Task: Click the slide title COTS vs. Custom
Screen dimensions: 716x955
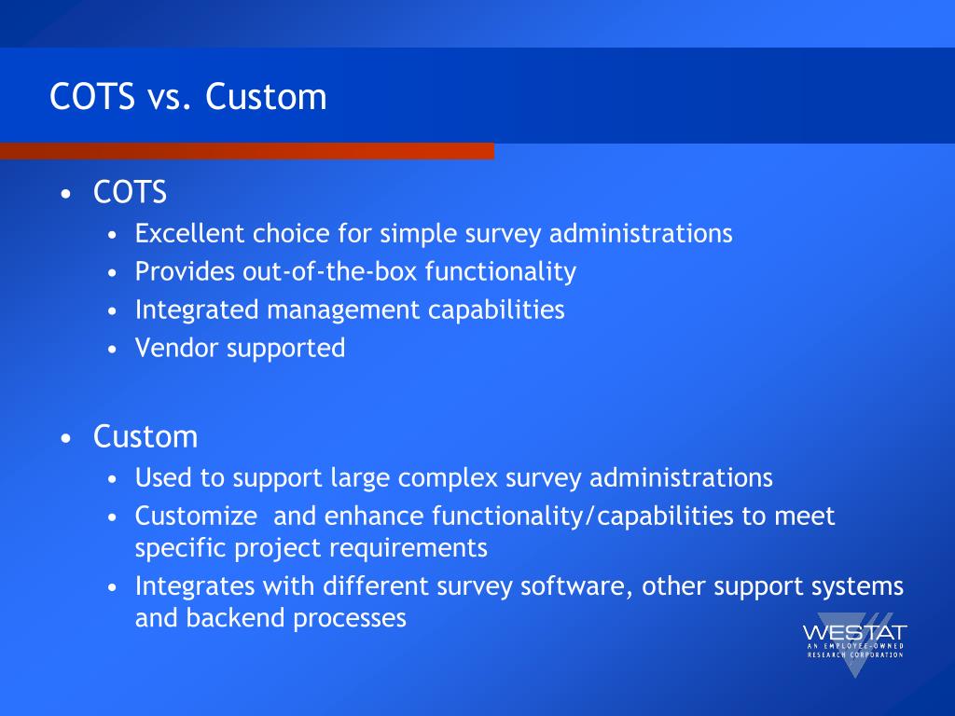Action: coord(188,97)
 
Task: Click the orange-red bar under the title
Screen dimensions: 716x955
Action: coord(246,151)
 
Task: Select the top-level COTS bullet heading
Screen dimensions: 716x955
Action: coord(130,193)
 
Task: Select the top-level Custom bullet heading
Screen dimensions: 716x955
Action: coord(145,436)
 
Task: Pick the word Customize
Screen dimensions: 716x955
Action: coord(196,516)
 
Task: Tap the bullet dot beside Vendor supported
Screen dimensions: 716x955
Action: coord(112,350)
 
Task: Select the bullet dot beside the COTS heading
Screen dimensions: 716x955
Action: coord(65,195)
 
